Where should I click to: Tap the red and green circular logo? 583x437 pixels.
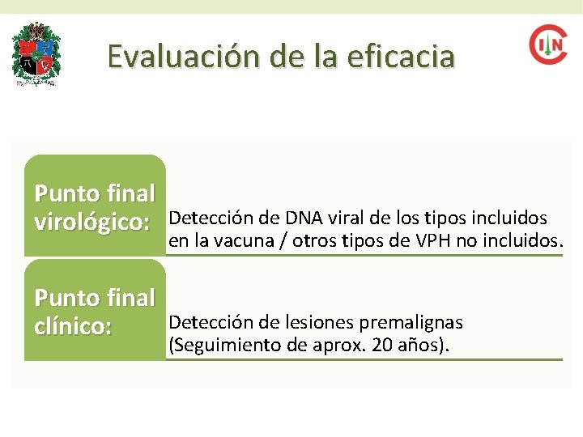point(548,45)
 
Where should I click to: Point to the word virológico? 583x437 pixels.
point(92,223)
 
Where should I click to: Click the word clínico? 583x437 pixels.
point(73,328)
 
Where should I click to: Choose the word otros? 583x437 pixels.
point(311,240)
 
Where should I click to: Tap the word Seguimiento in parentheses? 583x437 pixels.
point(216,346)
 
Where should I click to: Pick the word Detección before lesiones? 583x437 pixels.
point(204,323)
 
